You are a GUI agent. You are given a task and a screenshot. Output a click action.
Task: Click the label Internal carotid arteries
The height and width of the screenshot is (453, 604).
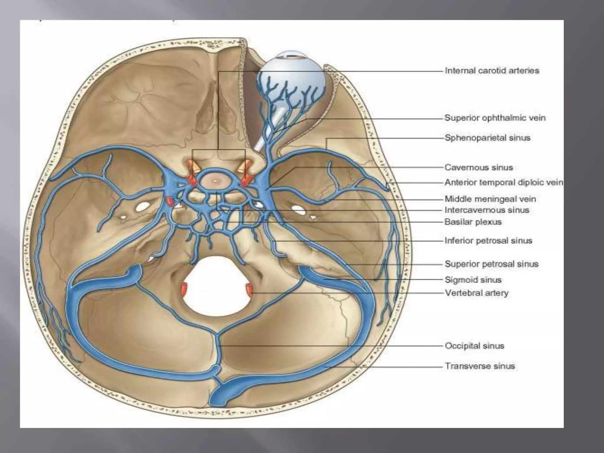click(x=492, y=71)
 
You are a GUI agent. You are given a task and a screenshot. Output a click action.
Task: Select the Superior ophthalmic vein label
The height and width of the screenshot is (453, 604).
click(x=495, y=118)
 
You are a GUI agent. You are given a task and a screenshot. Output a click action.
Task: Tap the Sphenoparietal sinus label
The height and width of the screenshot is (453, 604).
click(x=488, y=138)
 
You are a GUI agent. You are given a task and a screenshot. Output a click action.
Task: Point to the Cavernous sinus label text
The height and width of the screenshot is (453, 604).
click(x=479, y=168)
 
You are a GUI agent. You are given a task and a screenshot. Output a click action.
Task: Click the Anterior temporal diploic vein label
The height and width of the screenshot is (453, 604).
click(x=503, y=183)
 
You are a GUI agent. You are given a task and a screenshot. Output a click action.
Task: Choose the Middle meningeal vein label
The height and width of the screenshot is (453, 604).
click(x=490, y=199)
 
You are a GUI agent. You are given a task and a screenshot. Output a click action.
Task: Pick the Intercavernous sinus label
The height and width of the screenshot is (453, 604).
click(x=487, y=210)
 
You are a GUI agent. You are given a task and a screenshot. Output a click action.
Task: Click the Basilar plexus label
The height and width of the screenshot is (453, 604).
click(x=473, y=222)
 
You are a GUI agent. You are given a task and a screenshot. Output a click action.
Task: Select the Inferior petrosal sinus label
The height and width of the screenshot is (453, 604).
click(x=488, y=241)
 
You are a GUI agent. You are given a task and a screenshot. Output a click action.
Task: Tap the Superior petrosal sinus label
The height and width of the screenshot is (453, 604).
click(x=492, y=264)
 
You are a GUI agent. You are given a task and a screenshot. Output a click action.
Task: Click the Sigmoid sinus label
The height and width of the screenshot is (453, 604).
click(x=473, y=280)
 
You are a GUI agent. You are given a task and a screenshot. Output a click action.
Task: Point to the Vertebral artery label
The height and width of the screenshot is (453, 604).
click(x=477, y=293)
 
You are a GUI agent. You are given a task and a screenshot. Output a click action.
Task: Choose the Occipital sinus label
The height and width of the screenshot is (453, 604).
click(x=475, y=346)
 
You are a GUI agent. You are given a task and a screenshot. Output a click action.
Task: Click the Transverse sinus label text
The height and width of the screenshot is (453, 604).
click(x=480, y=366)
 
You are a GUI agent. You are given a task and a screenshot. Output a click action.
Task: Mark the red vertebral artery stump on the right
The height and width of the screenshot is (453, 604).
click(x=250, y=289)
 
